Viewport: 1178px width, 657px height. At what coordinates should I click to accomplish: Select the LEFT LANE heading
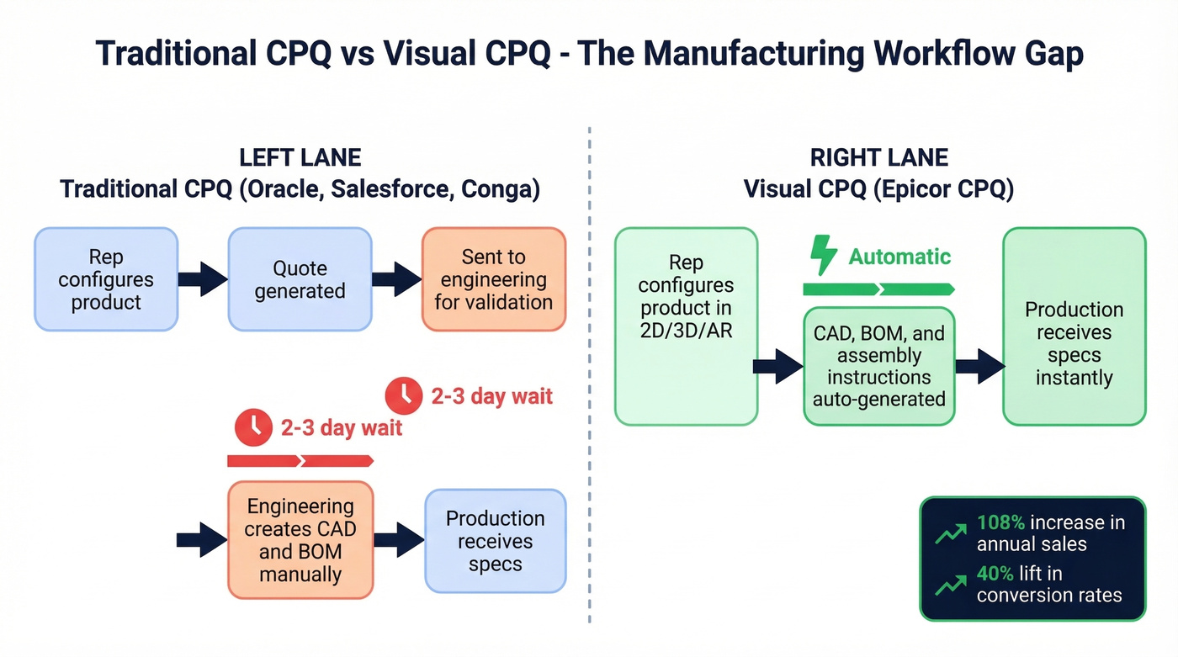click(x=300, y=157)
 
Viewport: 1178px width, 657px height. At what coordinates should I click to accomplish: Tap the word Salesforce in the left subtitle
click(x=388, y=188)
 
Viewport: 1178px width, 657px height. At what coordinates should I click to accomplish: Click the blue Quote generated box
click(x=300, y=279)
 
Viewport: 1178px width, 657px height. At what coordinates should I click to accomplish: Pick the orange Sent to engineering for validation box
click(x=493, y=279)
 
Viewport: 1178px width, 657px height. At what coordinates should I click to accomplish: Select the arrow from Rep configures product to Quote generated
click(x=202, y=279)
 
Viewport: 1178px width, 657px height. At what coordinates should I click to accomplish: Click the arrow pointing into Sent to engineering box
click(x=395, y=279)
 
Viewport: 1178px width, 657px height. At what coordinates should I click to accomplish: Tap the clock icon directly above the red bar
click(x=254, y=427)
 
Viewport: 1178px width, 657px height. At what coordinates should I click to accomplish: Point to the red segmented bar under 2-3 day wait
click(x=300, y=461)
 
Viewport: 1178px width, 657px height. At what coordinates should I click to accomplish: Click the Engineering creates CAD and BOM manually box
click(x=300, y=540)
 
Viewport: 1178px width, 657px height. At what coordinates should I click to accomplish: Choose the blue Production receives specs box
click(x=495, y=541)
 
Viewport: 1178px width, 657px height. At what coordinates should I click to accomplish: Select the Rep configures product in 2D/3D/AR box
click(x=686, y=326)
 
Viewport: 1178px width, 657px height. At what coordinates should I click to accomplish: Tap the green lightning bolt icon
click(x=823, y=255)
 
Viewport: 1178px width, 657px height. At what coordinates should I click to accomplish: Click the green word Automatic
click(x=899, y=257)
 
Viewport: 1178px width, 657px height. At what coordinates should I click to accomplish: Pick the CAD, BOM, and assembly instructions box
click(x=878, y=366)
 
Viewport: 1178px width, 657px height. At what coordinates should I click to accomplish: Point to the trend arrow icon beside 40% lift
click(x=951, y=583)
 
